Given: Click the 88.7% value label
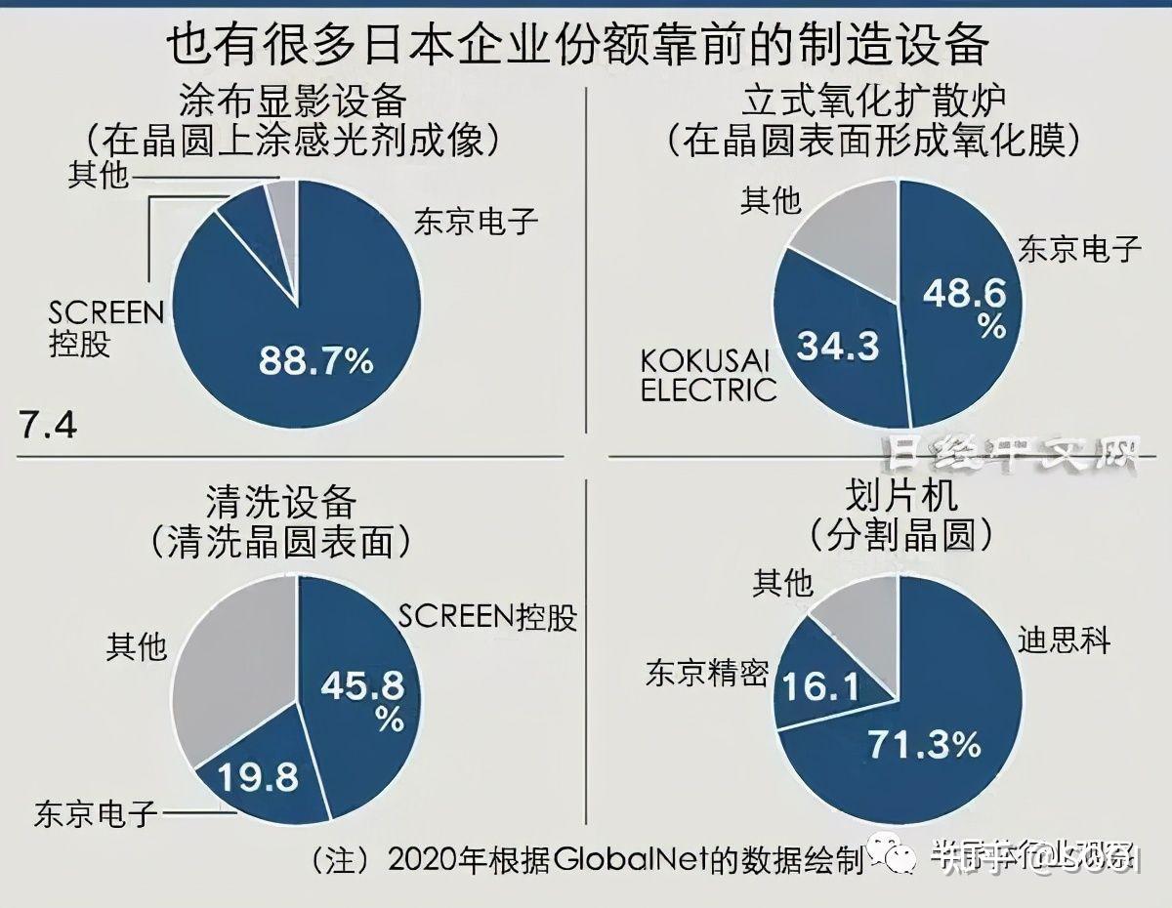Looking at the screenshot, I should point(315,361).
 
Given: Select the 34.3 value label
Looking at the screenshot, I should point(839,344).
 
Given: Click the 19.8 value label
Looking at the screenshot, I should point(258,778).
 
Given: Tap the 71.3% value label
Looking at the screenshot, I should point(924,747).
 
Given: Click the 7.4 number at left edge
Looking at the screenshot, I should point(47,427).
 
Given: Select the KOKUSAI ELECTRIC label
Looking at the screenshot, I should point(708,375).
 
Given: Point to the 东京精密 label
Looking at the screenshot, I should point(706,673).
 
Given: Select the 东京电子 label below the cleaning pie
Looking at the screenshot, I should point(96,813).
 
